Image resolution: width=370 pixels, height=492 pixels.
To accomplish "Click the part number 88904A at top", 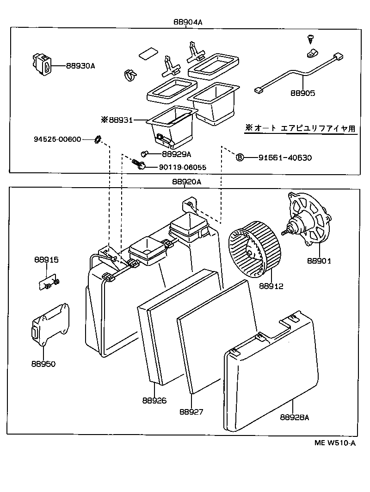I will (x=188, y=22).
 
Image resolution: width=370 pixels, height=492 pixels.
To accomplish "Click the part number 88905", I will (x=302, y=93).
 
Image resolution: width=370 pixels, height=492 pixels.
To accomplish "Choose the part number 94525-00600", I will (x=57, y=139).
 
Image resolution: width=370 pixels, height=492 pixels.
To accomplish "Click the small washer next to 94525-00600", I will (x=98, y=139).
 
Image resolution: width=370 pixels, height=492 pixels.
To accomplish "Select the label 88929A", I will (x=176, y=154).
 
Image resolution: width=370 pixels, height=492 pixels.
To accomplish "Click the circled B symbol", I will (x=240, y=158).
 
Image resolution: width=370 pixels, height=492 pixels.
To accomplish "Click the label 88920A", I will (x=187, y=182).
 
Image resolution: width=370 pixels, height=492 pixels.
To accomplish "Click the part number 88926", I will (x=154, y=401).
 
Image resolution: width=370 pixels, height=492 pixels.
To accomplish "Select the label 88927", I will (x=191, y=411).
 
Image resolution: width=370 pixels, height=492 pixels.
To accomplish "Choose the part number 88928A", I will (x=294, y=417).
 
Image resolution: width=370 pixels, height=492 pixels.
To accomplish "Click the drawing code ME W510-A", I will (x=335, y=443).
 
